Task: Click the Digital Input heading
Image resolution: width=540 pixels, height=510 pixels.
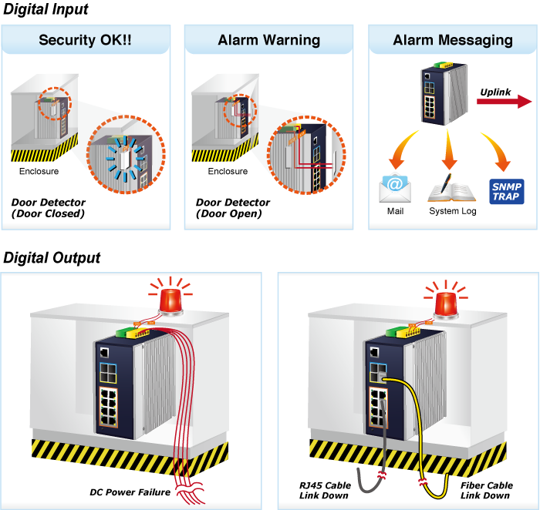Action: click(46, 10)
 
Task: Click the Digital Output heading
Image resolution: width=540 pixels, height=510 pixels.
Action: click(52, 258)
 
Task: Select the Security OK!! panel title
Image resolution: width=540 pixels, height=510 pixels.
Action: click(85, 40)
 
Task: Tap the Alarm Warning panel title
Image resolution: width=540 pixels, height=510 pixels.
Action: click(268, 40)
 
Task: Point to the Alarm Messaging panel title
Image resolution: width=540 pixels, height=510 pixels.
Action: click(452, 40)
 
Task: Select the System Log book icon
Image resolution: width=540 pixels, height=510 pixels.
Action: click(452, 188)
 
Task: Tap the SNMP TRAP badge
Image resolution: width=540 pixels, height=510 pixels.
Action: click(507, 191)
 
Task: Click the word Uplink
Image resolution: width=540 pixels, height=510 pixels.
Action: click(495, 92)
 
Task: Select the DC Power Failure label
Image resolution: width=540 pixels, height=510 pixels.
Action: click(130, 492)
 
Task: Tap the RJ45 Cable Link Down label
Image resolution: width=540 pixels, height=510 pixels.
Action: click(325, 490)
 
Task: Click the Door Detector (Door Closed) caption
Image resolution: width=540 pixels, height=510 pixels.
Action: click(48, 208)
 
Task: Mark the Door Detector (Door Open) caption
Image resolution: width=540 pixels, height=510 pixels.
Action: click(232, 208)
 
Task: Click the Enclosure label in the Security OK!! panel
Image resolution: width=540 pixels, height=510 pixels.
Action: click(39, 171)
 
